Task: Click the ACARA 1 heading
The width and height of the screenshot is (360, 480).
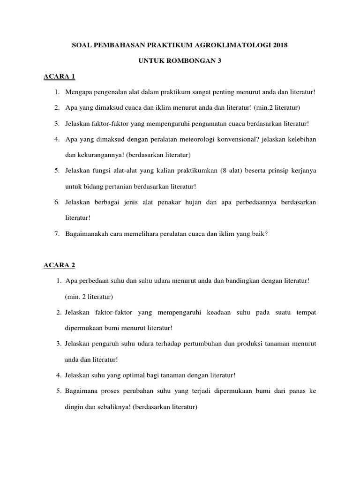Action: tap(59, 76)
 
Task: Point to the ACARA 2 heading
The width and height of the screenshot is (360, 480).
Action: tap(59, 265)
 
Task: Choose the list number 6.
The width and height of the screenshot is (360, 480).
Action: tap(56, 202)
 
